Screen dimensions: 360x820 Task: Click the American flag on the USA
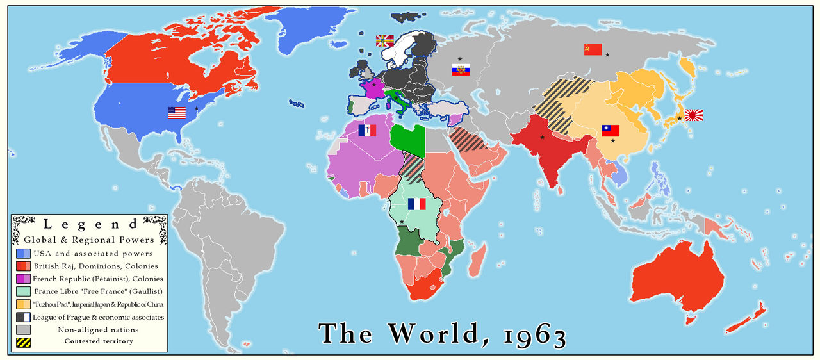[x=176, y=113]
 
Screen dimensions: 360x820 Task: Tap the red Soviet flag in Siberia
[x=593, y=49]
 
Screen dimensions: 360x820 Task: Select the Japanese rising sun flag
[x=694, y=115]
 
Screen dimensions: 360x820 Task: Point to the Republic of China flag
[x=611, y=131]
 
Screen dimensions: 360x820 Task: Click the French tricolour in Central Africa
[x=416, y=204]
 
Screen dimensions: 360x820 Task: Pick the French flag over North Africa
[x=367, y=131]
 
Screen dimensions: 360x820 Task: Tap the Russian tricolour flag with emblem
[x=461, y=70]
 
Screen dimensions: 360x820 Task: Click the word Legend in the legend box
[x=90, y=225]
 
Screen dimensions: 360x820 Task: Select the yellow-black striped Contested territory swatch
[x=24, y=341]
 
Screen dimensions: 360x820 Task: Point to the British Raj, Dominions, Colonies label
[x=96, y=266]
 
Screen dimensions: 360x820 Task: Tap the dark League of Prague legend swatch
[x=24, y=317]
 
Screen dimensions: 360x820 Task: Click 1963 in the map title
[x=525, y=333]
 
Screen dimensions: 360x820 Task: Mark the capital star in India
[x=542, y=137]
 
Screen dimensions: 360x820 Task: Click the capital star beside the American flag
[x=197, y=109]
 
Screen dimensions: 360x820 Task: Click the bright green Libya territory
[x=407, y=138]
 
